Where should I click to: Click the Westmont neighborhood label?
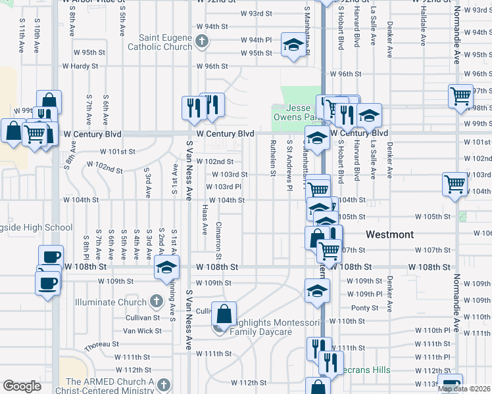click(x=389, y=234)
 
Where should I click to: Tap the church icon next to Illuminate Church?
click(x=156, y=302)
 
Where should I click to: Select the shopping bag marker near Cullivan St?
click(x=224, y=315)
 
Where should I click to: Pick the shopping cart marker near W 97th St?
click(x=460, y=96)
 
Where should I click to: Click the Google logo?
click(x=22, y=386)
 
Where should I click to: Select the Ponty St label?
click(x=364, y=307)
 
